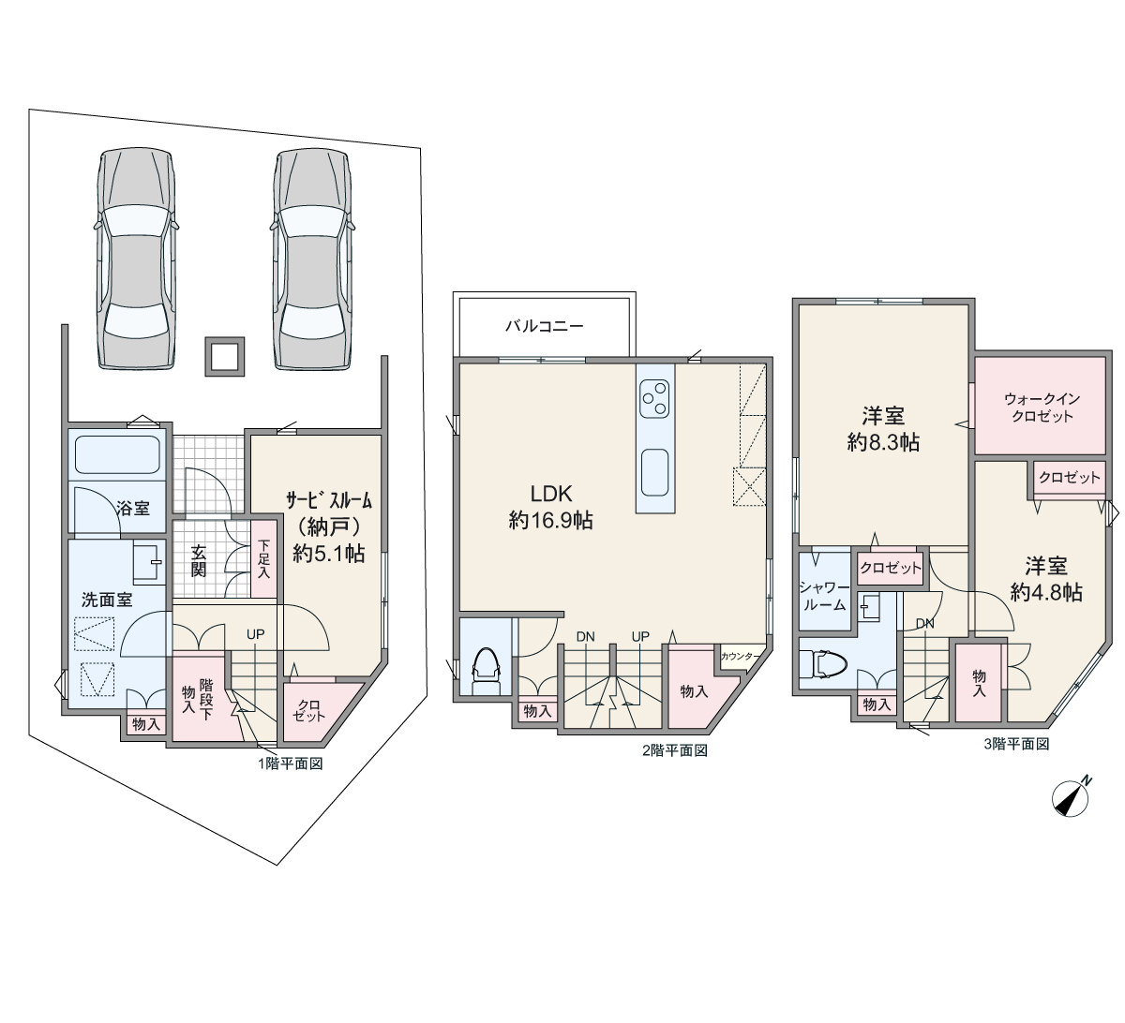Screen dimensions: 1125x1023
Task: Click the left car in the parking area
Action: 136,259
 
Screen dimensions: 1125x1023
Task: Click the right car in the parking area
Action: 313,259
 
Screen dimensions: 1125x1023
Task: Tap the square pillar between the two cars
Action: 225,357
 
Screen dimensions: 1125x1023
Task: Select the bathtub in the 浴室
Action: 117,454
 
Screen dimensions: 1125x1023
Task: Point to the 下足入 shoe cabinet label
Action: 263,559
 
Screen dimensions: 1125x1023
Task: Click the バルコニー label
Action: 545,326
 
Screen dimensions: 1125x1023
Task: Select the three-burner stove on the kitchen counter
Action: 655,398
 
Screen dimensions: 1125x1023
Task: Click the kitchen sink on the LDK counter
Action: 655,472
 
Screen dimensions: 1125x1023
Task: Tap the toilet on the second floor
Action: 487,672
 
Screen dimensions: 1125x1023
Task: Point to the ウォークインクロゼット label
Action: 1042,408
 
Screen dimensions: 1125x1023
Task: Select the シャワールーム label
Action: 823,596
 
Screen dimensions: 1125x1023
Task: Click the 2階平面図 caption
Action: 675,750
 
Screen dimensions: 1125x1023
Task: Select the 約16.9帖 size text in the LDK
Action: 550,521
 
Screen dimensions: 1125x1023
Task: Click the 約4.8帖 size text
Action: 1046,592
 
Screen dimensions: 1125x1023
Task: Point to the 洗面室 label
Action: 107,600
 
